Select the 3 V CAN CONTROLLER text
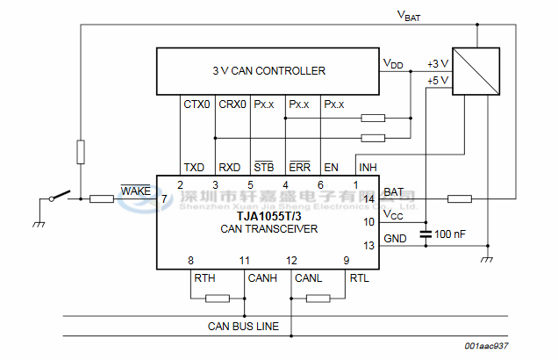tap(268, 71)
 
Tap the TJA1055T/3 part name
tap(268, 216)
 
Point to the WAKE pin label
tap(136, 191)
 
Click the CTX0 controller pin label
tap(197, 104)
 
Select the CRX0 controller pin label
tap(232, 104)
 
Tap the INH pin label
tap(367, 167)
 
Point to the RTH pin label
tap(204, 278)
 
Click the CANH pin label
tap(262, 278)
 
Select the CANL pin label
tap(309, 278)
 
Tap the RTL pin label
tap(360, 278)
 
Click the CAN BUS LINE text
tap(243, 327)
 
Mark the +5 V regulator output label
tap(437, 80)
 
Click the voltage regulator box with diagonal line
tap(476, 70)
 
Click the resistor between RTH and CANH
tap(217, 299)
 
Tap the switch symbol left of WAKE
tap(60, 197)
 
